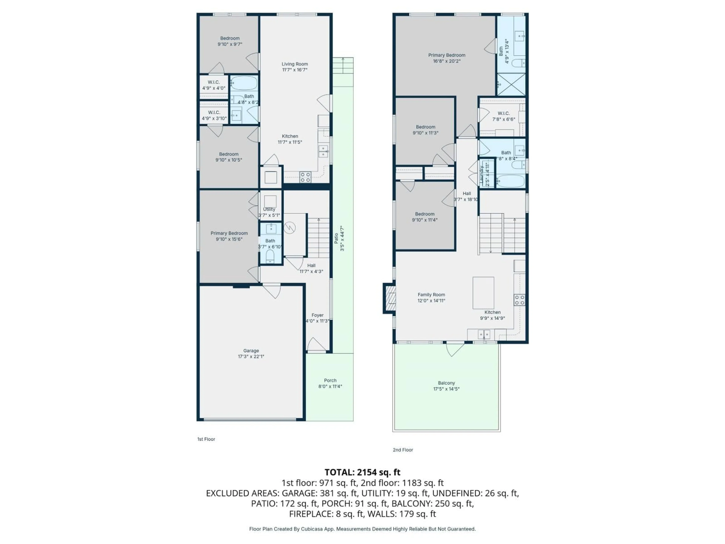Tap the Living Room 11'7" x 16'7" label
pyautogui.click(x=295, y=67)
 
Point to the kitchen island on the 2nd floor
pyautogui.click(x=483, y=293)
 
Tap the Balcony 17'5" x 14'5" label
pyautogui.click(x=446, y=386)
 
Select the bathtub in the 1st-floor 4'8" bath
pyautogui.click(x=244, y=83)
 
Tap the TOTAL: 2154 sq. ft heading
pyautogui.click(x=362, y=472)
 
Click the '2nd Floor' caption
pyautogui.click(x=403, y=450)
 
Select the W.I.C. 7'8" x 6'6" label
pyautogui.click(x=503, y=116)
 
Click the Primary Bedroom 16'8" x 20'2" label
pyautogui.click(x=446, y=58)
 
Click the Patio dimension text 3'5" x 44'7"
pyautogui.click(x=342, y=238)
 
